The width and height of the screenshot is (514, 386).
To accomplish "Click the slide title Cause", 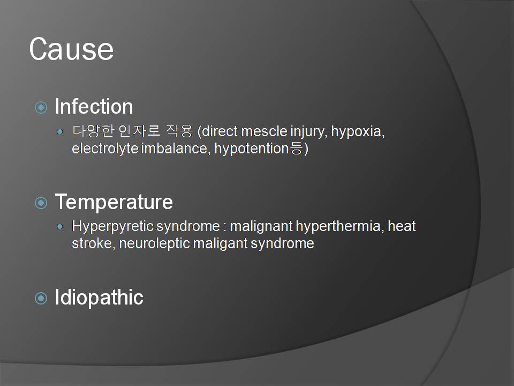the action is click(71, 49).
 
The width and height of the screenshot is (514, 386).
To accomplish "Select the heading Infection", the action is click(94, 106).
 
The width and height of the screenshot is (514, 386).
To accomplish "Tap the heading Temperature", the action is click(114, 202).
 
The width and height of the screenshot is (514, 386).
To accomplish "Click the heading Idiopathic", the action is click(99, 298).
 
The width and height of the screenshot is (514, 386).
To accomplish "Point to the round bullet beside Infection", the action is click(41, 107).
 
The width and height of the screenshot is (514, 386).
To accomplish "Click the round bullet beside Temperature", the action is click(41, 203).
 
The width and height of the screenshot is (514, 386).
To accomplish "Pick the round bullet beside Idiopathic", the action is click(41, 299).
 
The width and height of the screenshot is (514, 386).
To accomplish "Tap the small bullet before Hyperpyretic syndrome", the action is click(59, 226).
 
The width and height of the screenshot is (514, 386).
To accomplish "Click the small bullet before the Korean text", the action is click(59, 132).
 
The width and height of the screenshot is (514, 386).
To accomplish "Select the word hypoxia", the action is click(358, 132).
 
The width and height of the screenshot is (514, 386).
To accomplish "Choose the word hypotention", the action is click(252, 149).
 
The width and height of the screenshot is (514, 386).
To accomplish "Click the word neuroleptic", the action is click(154, 244).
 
